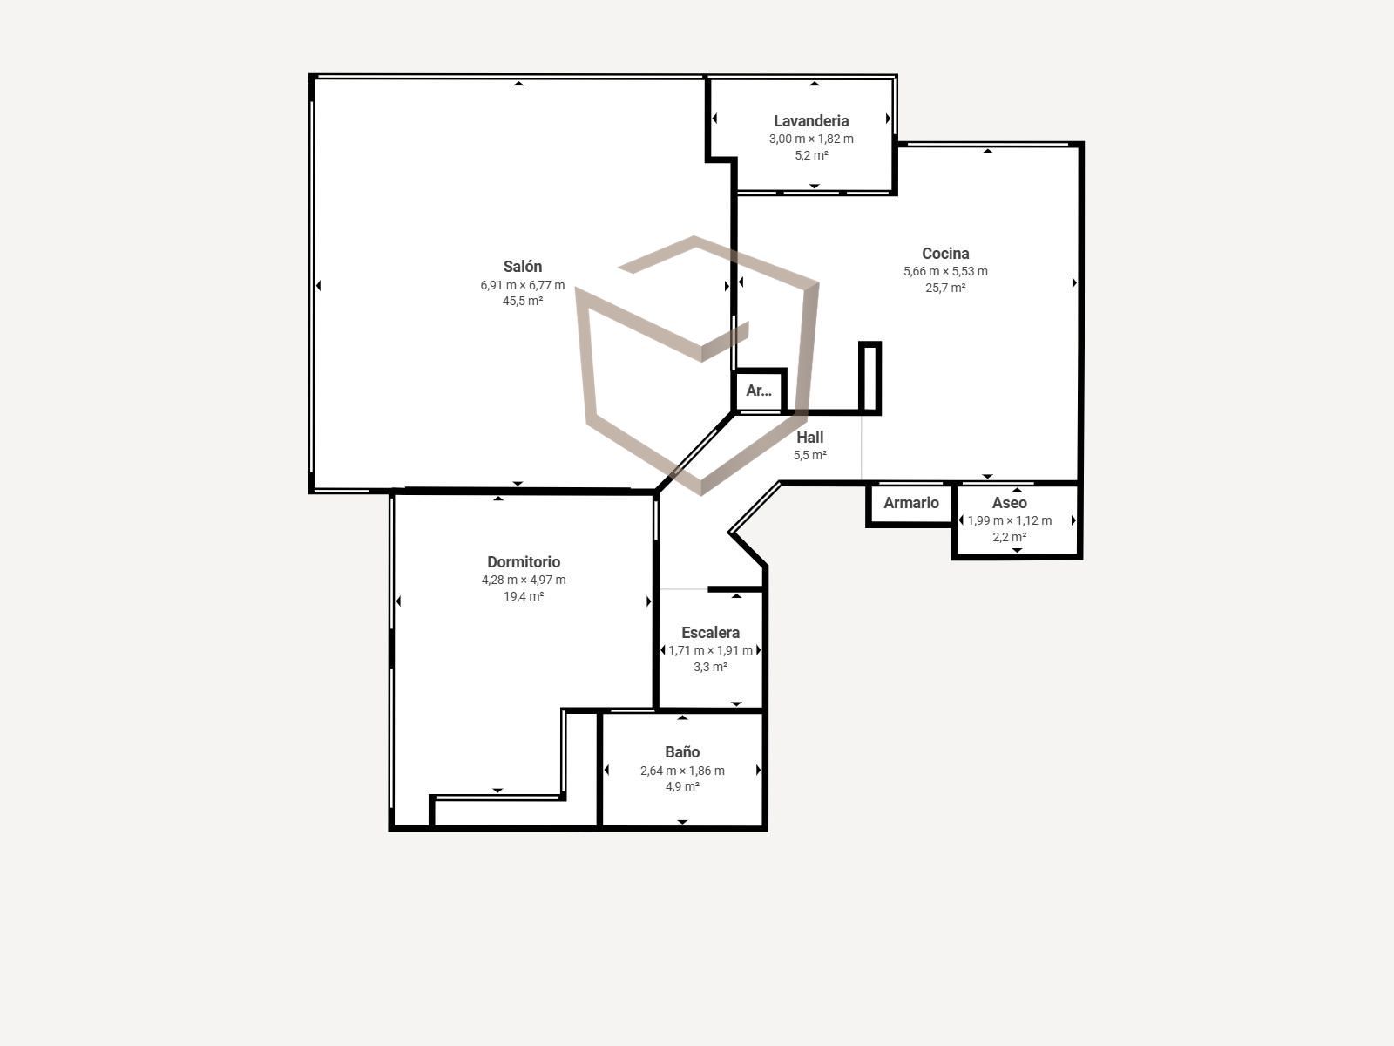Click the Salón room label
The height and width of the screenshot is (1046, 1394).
(x=523, y=267)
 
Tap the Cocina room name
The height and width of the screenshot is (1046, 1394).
(x=945, y=254)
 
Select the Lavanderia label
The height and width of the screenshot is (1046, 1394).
(x=811, y=120)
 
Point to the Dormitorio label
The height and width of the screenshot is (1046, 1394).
(x=524, y=562)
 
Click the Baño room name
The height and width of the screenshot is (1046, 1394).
(x=682, y=752)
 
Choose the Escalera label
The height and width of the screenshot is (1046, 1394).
(x=710, y=633)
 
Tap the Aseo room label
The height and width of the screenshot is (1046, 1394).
(x=1009, y=503)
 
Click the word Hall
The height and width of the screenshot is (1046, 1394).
(x=809, y=437)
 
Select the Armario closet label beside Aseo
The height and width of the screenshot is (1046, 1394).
(x=910, y=503)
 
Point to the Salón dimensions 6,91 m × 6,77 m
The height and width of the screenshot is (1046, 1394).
(x=523, y=285)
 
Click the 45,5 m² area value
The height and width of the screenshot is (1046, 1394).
(x=523, y=301)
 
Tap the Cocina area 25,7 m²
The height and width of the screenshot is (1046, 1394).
(x=945, y=288)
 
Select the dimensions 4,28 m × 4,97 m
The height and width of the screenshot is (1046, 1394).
(x=524, y=580)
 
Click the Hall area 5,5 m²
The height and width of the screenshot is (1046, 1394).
(x=809, y=455)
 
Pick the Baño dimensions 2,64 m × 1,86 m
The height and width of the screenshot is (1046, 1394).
(x=682, y=771)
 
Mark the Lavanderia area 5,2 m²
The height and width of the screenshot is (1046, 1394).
(x=811, y=155)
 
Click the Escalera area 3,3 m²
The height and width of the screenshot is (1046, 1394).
(x=710, y=667)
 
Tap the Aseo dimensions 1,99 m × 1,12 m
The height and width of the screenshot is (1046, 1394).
(x=1010, y=520)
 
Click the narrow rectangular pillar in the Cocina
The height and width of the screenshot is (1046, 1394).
(x=870, y=377)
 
